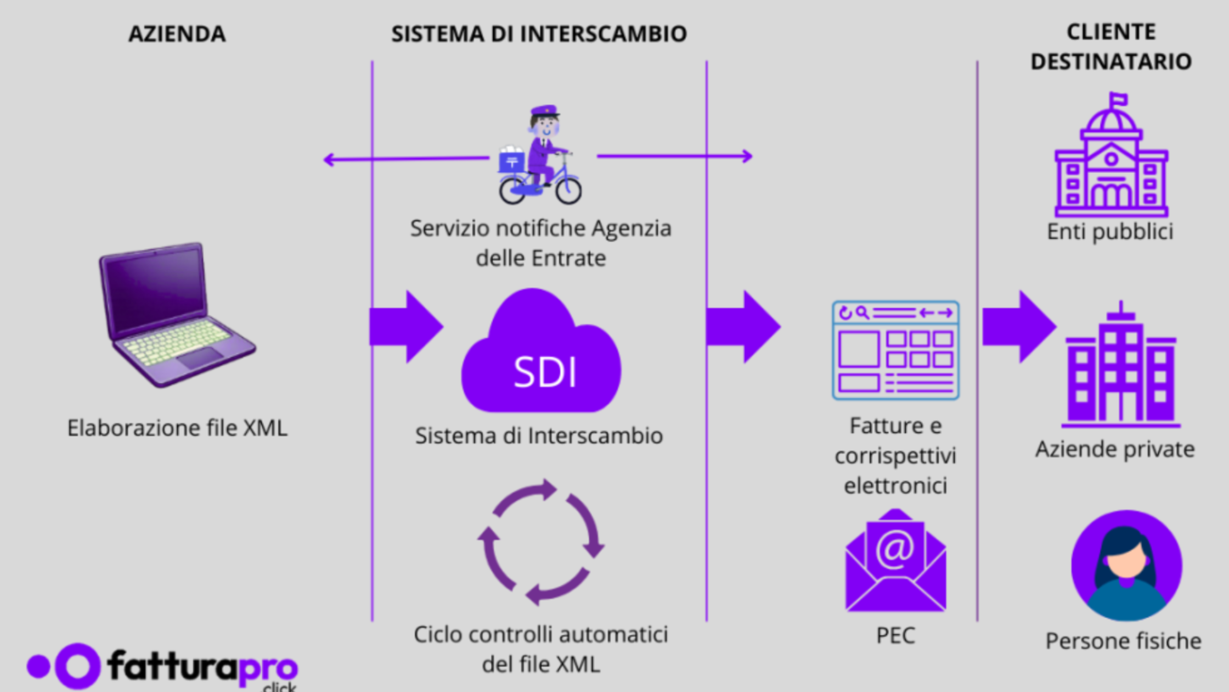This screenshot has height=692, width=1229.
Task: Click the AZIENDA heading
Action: click(177, 34)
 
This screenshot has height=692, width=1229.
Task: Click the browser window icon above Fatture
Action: click(895, 350)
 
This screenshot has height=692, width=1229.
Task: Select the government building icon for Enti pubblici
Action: click(1111, 159)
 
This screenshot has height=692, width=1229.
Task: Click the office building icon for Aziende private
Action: click(1121, 368)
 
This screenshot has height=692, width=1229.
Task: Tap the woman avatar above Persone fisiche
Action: click(1126, 566)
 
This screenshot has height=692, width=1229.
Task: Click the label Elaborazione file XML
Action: click(177, 428)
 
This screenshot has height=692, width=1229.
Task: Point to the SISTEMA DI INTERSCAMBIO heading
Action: click(539, 34)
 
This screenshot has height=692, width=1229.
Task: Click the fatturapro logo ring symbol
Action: click(78, 666)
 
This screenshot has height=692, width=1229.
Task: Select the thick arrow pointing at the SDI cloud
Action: click(406, 327)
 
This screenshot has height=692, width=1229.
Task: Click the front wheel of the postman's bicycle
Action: click(568, 189)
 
